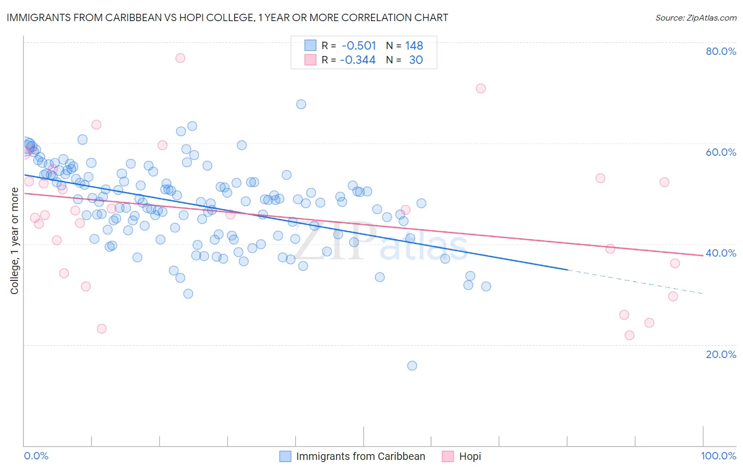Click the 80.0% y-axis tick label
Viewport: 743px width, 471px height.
[721, 51]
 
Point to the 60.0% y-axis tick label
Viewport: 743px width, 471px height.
[721, 152]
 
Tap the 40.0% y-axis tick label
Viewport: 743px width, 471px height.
[721, 253]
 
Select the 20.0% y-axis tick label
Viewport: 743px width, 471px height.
[721, 354]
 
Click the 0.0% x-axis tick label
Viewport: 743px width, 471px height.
[36, 456]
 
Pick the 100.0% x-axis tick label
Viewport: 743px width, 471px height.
[719, 456]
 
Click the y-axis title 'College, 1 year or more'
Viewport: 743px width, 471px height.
[15, 241]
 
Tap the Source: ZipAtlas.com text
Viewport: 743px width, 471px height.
[695, 18]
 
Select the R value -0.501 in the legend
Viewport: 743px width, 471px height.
[359, 45]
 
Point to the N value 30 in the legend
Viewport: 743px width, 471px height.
[416, 60]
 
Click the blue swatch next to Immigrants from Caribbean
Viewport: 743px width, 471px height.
[285, 456]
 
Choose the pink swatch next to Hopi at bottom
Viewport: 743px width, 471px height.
[448, 456]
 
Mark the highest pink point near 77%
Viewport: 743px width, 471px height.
[180, 58]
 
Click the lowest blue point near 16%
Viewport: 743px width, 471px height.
[412, 365]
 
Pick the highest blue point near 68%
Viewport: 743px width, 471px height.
[301, 104]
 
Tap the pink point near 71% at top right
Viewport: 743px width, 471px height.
[481, 88]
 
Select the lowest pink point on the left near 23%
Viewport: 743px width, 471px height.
[101, 328]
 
